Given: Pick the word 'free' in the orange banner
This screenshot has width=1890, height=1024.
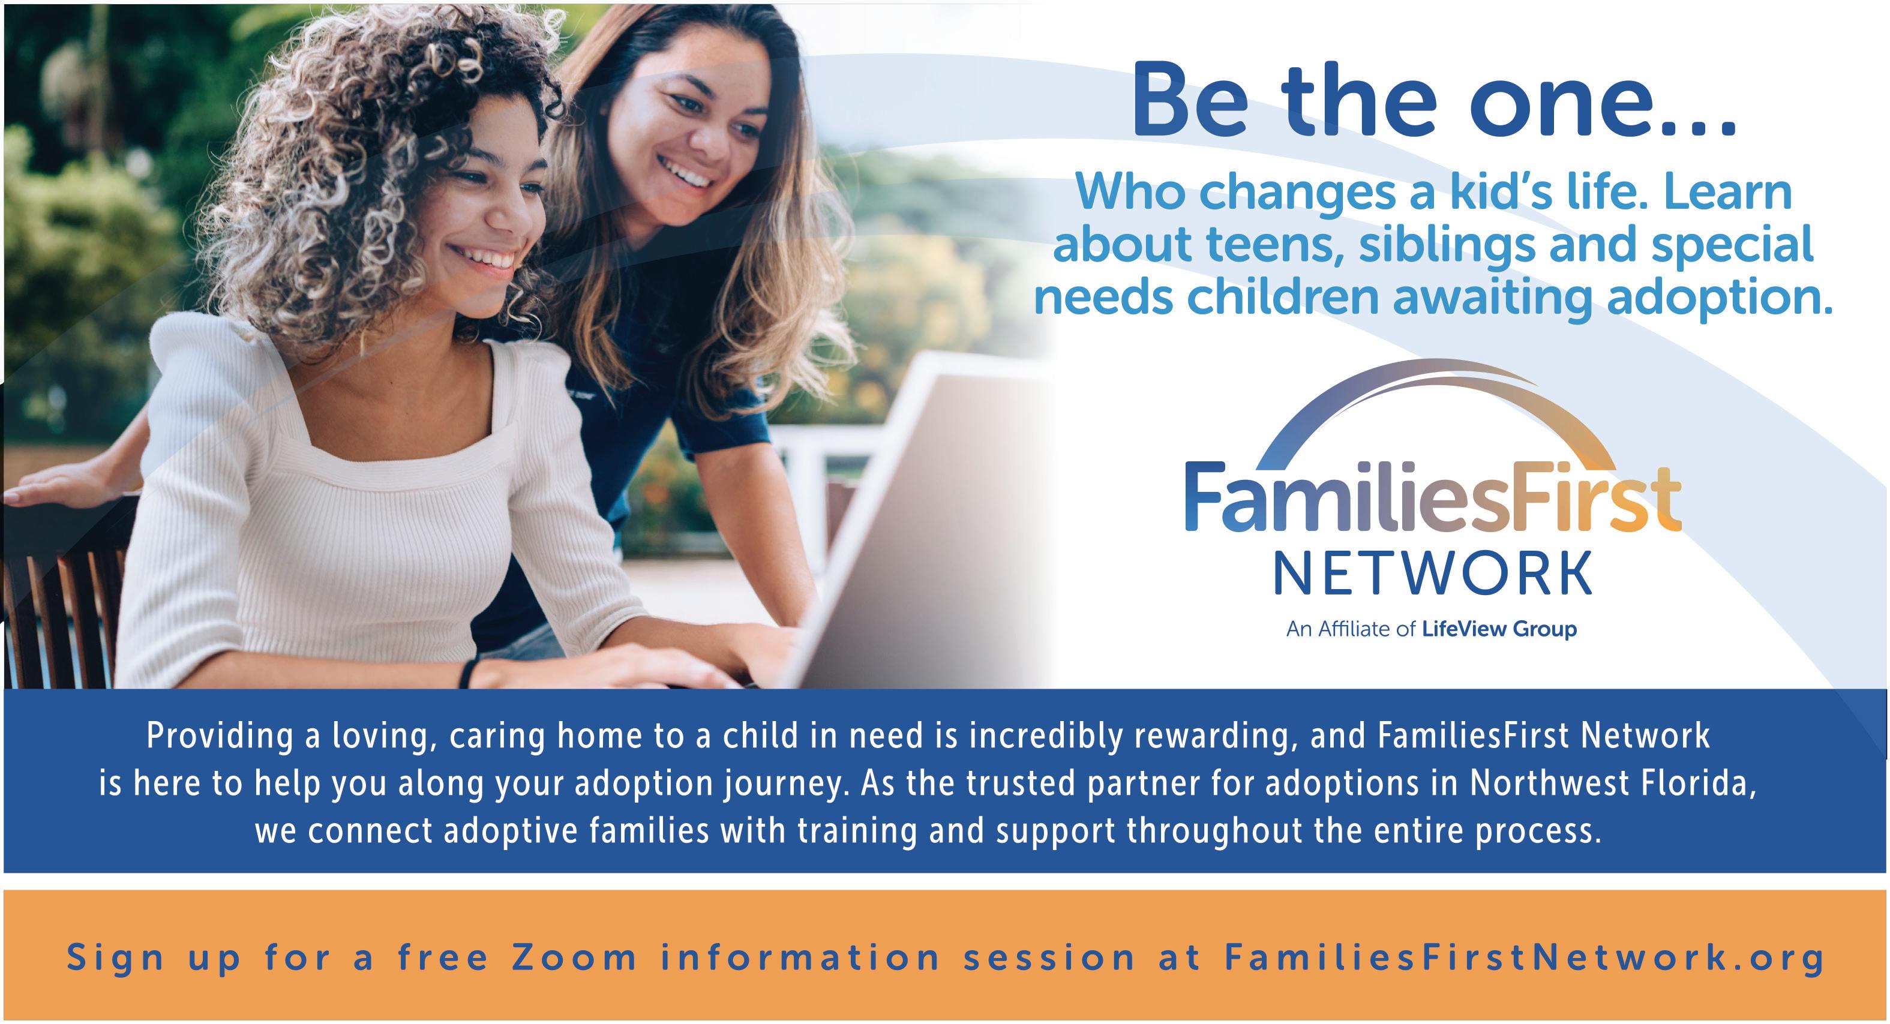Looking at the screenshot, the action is [x=443, y=957].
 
